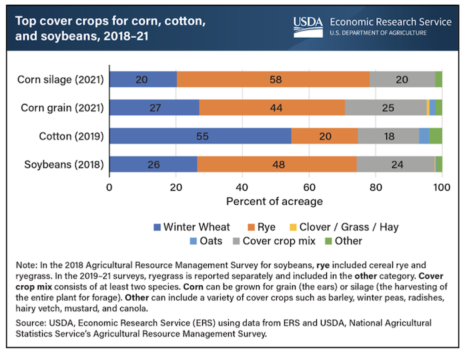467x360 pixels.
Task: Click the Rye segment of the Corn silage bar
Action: coord(273,79)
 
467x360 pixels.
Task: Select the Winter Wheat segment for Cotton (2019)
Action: coord(200,136)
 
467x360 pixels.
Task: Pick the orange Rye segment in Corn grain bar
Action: coord(272,107)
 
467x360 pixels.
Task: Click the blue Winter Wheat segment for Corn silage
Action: coord(143,79)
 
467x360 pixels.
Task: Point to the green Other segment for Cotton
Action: coord(436,136)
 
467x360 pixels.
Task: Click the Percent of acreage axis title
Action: coord(275,201)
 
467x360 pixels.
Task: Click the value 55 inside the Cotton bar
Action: coord(200,136)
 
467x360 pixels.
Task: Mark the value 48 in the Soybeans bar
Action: coord(276,164)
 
